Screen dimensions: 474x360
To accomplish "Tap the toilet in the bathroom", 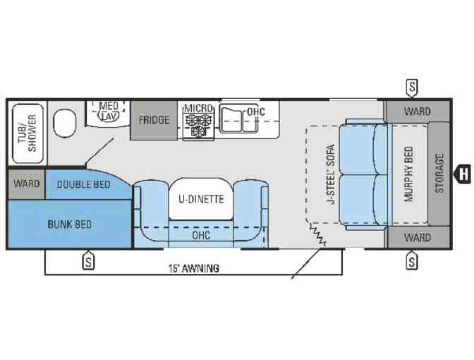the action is [64, 123].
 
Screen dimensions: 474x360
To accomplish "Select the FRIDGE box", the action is [154, 120].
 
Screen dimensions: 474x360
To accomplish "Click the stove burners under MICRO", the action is [198, 125].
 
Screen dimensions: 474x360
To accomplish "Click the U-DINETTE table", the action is [201, 199].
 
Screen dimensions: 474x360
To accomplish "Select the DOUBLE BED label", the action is [83, 184].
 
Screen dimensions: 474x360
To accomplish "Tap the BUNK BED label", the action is [70, 224].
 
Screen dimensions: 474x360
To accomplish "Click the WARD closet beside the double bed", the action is [27, 184].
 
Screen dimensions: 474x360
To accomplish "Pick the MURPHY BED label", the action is [408, 174].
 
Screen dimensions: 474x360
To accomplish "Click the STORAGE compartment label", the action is [439, 174].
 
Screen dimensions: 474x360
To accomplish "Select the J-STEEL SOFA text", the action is [331, 174].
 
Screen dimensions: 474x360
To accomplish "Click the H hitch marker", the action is [463, 174].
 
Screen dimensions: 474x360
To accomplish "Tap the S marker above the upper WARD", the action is [412, 87].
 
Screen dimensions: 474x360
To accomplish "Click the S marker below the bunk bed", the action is [88, 261].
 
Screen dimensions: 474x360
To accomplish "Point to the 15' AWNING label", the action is [194, 268].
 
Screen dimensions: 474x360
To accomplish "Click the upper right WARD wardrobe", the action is [418, 112].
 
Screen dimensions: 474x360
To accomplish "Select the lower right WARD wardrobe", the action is [418, 237].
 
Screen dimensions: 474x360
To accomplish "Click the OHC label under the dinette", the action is [201, 235].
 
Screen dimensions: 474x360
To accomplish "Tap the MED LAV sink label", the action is [109, 111].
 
